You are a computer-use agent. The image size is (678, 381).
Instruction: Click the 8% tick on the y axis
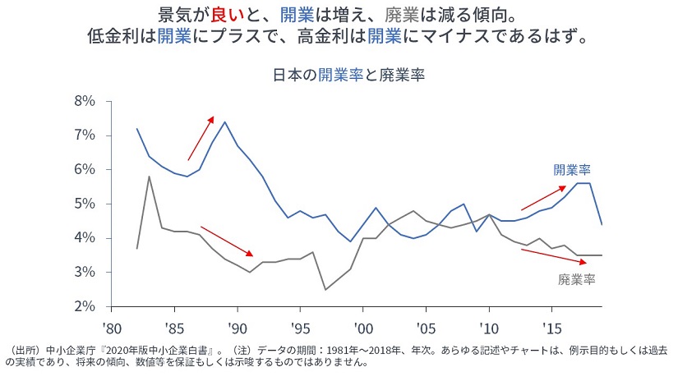pos(85,101)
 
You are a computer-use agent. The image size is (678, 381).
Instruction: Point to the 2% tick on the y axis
pos(85,306)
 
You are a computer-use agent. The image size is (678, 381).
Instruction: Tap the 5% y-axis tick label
pos(85,204)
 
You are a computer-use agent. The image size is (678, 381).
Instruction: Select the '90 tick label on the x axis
pos(237,326)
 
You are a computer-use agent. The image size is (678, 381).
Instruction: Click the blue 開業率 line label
pos(573,170)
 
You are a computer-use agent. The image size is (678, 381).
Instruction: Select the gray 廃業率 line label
pos(576,279)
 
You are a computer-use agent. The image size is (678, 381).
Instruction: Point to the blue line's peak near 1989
pos(225,122)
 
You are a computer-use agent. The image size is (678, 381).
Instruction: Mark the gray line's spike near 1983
pos(149,177)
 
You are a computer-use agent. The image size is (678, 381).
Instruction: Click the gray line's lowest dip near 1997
pos(325,289)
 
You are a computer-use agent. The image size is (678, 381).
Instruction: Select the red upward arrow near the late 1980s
pos(201,138)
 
